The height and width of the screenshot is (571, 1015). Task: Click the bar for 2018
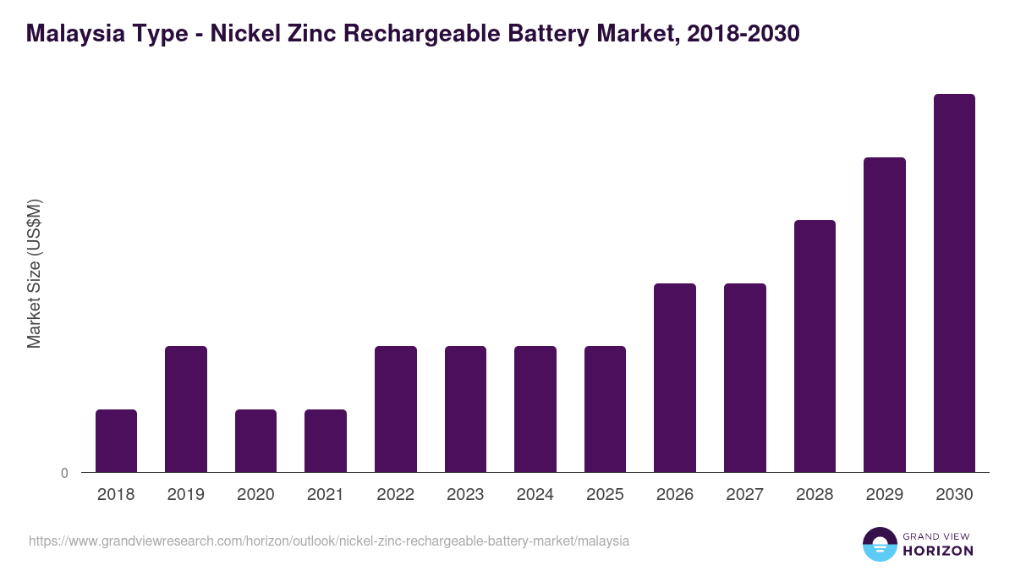[x=116, y=441]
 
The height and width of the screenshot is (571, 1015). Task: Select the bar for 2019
[x=186, y=409]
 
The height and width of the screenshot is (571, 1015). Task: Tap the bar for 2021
[x=326, y=441]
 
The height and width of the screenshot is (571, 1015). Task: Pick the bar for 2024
[x=535, y=409]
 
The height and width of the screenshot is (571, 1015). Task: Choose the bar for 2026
[x=675, y=378]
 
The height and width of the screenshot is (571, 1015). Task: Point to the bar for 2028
[x=815, y=346]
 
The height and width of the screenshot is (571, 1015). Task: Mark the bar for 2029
[x=885, y=315]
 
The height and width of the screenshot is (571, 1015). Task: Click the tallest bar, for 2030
[x=954, y=283]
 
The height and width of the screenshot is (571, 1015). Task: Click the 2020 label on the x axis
[x=255, y=495]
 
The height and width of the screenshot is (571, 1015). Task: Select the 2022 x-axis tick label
[x=395, y=495]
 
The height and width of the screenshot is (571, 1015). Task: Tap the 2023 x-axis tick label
[x=465, y=495]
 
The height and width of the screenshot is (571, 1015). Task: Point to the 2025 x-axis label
[x=605, y=495]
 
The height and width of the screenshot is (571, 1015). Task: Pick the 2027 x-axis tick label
[x=744, y=495]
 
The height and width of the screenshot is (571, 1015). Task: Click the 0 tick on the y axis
[x=64, y=474]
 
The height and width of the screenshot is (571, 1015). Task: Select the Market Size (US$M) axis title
[x=34, y=273]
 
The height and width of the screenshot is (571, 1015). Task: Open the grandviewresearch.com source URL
[x=329, y=541]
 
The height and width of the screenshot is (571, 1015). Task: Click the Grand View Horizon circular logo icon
[x=879, y=545]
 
